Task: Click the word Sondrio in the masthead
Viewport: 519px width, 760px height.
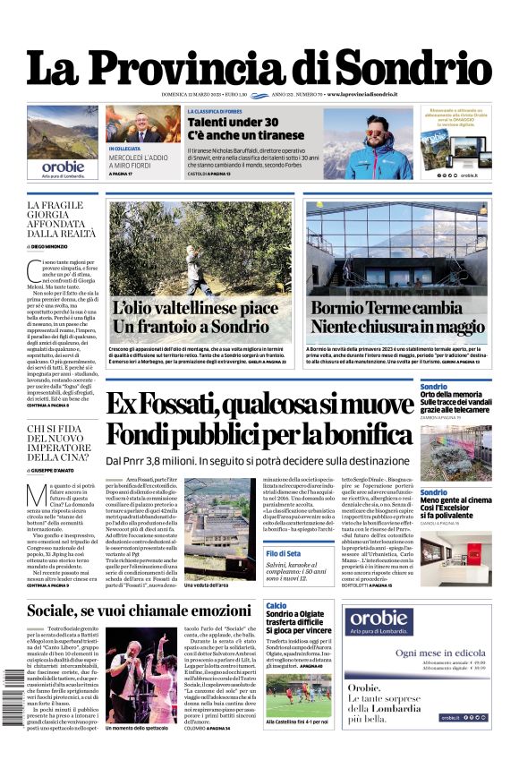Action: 413,69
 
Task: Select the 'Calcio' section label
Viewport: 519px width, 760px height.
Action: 276,605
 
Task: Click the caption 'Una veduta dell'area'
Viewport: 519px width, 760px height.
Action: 208,585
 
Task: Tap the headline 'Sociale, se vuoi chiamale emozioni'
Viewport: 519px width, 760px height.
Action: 139,611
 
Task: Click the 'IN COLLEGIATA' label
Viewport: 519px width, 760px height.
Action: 124,149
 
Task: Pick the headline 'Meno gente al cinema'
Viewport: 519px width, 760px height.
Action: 455,500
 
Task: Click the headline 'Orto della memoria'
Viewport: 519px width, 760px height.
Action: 452,395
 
